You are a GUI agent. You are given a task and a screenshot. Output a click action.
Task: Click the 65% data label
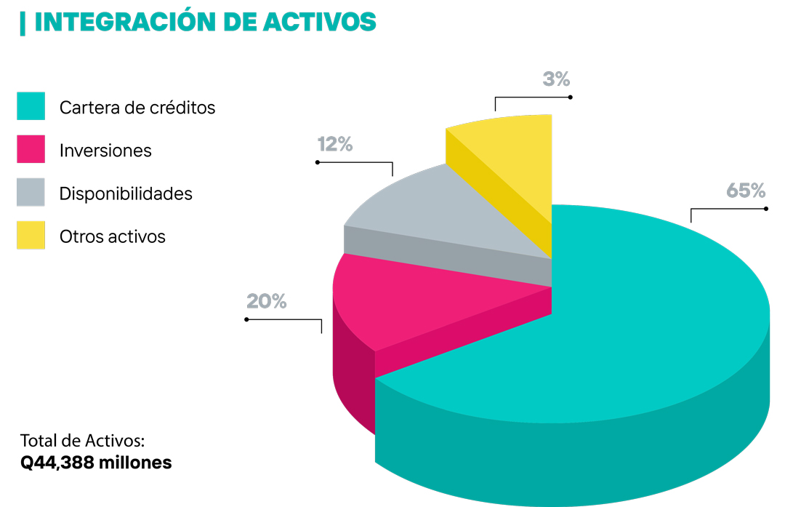tap(746, 191)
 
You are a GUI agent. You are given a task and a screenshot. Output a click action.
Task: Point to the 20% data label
tap(267, 301)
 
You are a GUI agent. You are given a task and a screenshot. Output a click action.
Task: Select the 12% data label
tap(335, 144)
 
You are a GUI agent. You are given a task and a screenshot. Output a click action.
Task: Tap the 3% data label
tap(556, 79)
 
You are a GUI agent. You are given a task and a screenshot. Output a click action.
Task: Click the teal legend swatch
tap(31, 106)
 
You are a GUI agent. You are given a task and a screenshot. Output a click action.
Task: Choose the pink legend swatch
tap(31, 149)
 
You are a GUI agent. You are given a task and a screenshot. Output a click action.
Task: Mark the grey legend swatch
tap(31, 192)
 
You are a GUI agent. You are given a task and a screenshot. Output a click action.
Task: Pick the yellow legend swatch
tap(31, 235)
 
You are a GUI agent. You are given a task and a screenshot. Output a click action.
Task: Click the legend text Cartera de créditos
tap(137, 108)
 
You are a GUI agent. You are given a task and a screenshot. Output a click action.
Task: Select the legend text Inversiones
tap(105, 151)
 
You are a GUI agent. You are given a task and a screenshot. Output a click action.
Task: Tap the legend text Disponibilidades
tap(126, 193)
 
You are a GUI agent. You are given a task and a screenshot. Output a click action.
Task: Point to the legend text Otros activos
tap(113, 236)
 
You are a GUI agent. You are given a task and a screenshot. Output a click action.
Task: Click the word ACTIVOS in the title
tap(319, 22)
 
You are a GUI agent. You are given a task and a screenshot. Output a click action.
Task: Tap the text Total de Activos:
tap(83, 441)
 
